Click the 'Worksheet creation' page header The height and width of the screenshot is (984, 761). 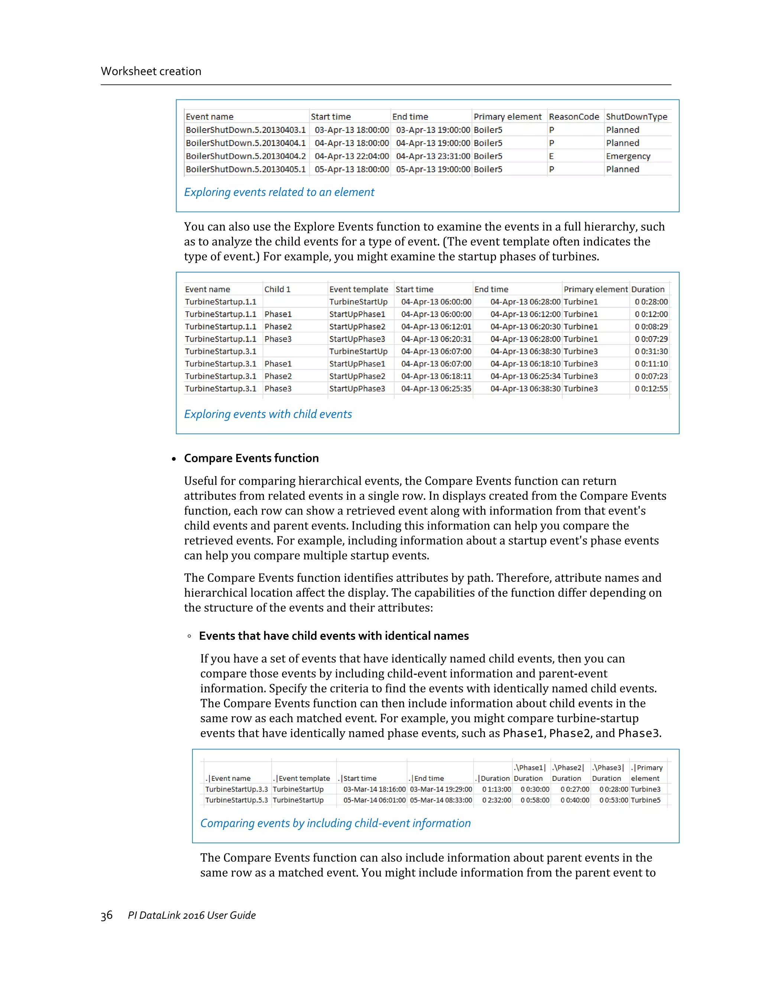(x=151, y=71)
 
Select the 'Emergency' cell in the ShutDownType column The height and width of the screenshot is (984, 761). (x=628, y=156)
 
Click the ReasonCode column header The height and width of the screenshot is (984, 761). (x=573, y=117)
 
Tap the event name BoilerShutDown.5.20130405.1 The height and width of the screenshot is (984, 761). (x=245, y=169)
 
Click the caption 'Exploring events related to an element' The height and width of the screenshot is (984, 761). (x=279, y=192)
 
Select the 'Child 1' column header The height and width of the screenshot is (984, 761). (x=277, y=289)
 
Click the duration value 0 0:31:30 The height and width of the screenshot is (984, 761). (x=651, y=351)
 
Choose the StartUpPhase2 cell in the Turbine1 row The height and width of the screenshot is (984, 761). (x=357, y=327)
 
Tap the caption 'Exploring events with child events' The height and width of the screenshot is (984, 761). (x=268, y=414)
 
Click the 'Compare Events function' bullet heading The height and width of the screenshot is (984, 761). (x=251, y=458)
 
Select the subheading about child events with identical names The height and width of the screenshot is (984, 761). (x=334, y=636)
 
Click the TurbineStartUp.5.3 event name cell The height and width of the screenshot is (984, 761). (x=236, y=800)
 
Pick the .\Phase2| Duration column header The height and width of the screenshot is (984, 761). (x=568, y=773)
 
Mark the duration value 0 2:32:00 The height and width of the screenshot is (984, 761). (x=496, y=800)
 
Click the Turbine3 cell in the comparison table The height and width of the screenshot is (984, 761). (x=645, y=789)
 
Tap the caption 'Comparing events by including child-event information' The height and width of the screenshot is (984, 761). (x=335, y=823)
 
